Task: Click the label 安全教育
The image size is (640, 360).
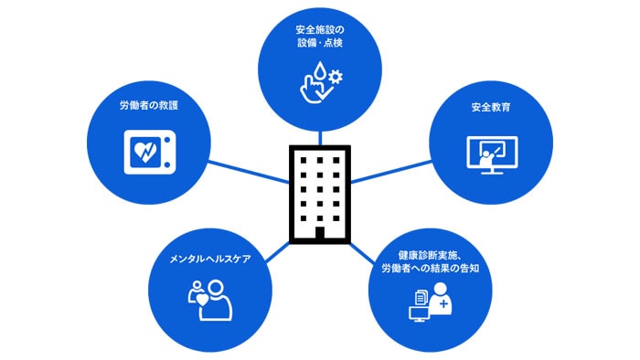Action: click(491, 107)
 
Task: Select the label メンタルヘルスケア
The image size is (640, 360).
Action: click(210, 258)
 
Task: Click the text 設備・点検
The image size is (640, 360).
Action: click(320, 43)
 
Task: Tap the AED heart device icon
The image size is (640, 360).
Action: click(147, 151)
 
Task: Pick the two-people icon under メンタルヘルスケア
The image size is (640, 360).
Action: click(210, 300)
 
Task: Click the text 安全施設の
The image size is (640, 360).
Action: click(320, 28)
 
